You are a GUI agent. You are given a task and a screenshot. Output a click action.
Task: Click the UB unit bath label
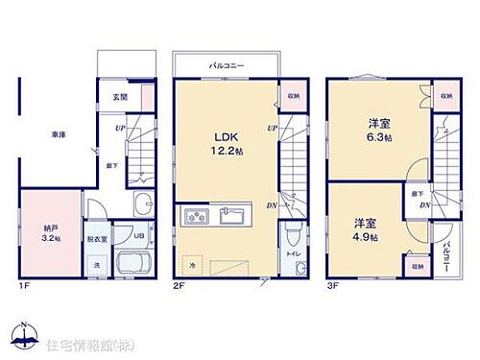pos(138,235)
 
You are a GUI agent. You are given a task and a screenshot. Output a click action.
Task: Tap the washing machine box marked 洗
pos(96,264)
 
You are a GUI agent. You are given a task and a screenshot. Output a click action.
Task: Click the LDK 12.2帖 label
pos(222,142)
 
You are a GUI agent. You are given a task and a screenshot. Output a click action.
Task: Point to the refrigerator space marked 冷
pos(192,264)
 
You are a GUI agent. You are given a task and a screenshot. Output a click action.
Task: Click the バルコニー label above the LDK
pos(227,65)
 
